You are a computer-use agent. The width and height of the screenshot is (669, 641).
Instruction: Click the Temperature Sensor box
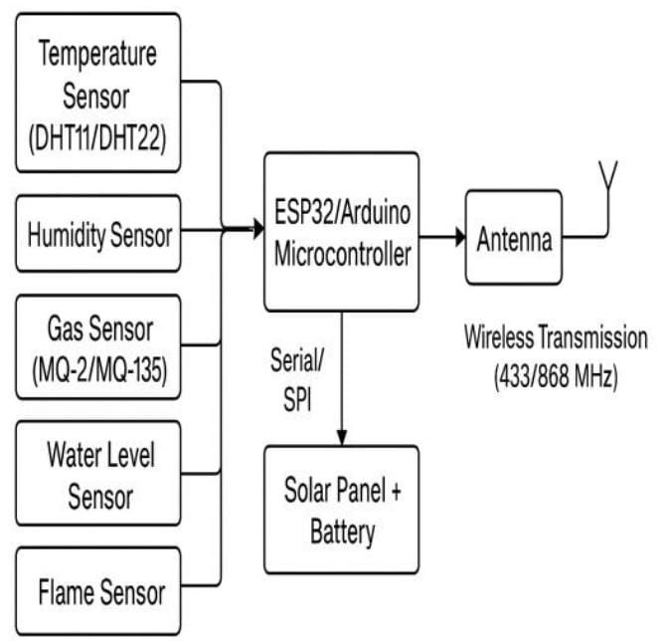98,97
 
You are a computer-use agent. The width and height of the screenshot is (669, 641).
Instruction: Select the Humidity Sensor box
98,235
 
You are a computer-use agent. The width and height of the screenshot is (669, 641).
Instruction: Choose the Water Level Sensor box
98,473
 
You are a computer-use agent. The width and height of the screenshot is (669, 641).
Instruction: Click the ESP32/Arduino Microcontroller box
341,232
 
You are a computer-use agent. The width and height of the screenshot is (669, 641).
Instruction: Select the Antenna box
514,239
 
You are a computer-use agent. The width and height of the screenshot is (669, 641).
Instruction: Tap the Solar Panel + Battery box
341,510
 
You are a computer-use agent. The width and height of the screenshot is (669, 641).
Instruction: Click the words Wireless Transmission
556,338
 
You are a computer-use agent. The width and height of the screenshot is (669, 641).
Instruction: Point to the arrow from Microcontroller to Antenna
441,238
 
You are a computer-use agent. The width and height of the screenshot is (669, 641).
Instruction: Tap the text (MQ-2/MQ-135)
98,370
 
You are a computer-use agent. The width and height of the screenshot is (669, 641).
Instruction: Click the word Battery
342,533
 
